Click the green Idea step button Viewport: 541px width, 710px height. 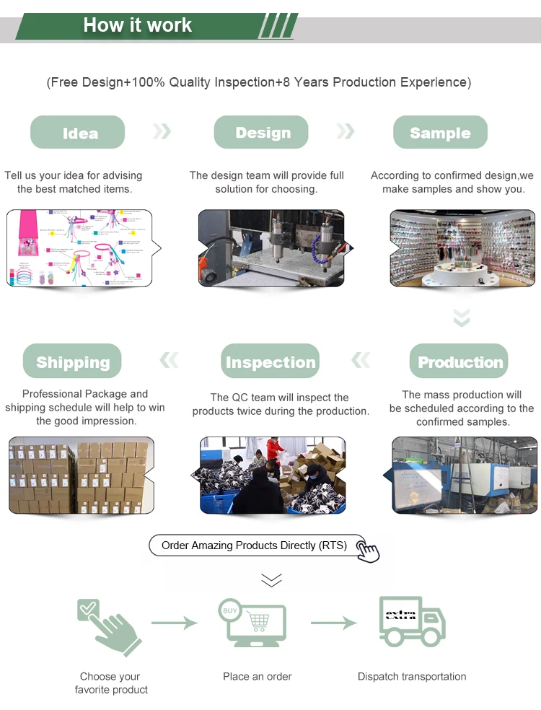pos(77,133)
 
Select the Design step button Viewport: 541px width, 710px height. pos(261,133)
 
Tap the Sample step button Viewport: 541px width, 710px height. pos(440,133)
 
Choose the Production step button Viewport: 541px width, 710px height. pos(459,361)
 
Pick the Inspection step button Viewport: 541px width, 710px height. pos(270,361)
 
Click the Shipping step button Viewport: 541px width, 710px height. pos(72,361)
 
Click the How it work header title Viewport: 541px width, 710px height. pos(137,25)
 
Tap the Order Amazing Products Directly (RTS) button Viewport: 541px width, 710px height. pos(254,545)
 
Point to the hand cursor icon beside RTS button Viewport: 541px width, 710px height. pos(368,551)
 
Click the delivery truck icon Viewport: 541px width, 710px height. pos(412,621)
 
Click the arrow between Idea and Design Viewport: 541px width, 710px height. pos(162,131)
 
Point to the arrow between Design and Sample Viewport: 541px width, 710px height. pos(346,131)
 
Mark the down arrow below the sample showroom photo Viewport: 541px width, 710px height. pos(462,317)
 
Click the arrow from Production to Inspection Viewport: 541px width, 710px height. pos(361,360)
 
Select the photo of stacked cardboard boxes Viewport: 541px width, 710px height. pos(82,475)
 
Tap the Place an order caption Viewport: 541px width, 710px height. pos(258,677)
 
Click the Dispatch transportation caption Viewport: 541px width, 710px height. pos(412,677)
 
